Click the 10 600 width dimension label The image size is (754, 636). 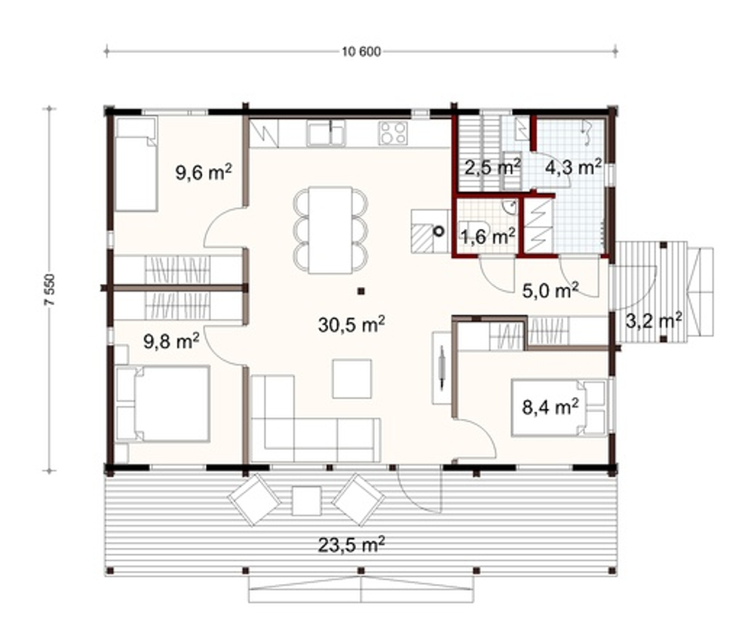(361, 51)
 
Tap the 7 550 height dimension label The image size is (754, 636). (50, 289)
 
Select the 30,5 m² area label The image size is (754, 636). (351, 325)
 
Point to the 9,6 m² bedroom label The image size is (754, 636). (204, 172)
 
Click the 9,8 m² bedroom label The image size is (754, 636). (172, 341)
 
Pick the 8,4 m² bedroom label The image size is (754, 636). (550, 407)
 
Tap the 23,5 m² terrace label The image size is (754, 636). (351, 545)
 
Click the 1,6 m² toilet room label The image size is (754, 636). (488, 236)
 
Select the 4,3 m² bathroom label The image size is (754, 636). (573, 167)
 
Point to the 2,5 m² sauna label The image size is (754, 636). (492, 168)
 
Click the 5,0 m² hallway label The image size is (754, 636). (550, 290)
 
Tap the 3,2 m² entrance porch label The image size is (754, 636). (654, 320)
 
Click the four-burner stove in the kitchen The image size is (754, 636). (394, 133)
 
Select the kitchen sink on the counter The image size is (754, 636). (326, 133)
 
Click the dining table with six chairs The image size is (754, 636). (330, 230)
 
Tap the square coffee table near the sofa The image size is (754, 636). (351, 378)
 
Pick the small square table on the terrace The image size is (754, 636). (306, 500)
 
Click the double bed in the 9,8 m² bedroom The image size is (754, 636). (163, 403)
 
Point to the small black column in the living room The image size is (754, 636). (361, 290)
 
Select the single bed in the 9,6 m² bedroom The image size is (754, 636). (136, 164)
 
